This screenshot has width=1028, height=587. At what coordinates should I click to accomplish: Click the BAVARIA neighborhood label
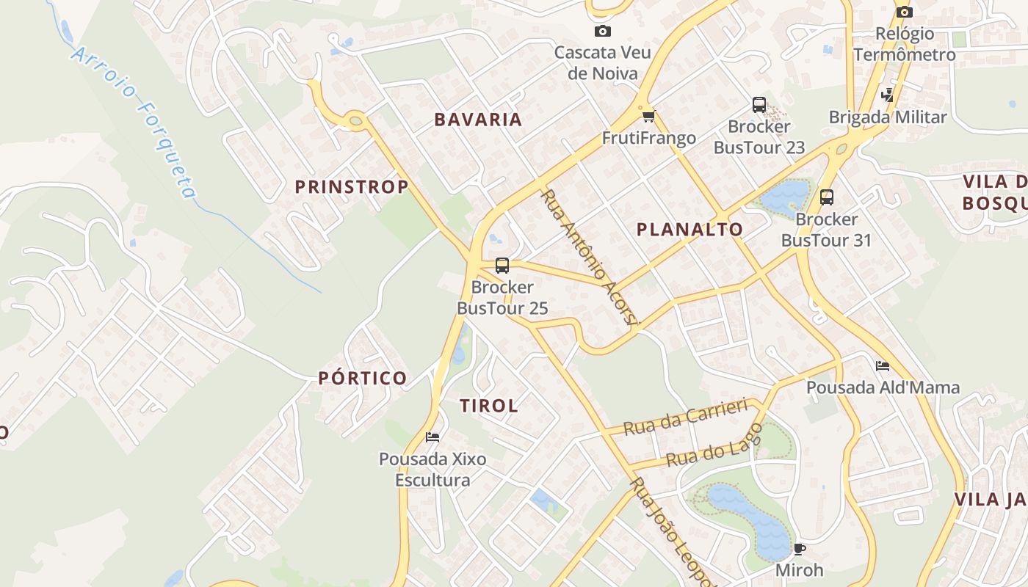(478, 120)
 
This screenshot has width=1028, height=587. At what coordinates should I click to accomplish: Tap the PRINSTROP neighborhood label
(352, 187)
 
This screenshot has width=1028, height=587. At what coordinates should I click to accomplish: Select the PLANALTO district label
(689, 230)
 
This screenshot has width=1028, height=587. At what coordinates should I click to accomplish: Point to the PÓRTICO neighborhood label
(363, 379)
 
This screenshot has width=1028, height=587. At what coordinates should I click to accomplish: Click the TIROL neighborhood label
(489, 406)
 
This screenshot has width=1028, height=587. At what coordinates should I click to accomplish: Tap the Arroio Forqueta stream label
(135, 122)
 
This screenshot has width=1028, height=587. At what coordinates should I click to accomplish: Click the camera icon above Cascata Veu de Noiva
(602, 31)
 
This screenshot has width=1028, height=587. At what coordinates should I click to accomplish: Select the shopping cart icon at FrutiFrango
(648, 116)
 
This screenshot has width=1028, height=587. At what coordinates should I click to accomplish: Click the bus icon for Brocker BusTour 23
(759, 105)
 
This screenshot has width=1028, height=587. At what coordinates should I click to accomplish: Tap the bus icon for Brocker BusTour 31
(827, 197)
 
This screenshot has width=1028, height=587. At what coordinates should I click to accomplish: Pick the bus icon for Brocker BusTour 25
(502, 266)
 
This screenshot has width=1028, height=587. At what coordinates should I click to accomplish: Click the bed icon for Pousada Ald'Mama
(883, 365)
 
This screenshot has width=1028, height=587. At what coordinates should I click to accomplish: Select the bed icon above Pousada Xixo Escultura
(432, 437)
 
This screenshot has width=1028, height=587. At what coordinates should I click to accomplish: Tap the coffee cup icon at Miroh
(800, 548)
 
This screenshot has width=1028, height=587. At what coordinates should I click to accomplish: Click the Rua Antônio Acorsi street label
(590, 256)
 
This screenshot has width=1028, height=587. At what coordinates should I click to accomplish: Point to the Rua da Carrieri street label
(684, 417)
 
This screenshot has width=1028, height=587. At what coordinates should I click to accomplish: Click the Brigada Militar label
(888, 117)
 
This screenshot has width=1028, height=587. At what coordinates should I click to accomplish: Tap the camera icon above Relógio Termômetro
(905, 12)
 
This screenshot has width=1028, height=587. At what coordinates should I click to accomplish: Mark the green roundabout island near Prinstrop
(356, 120)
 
